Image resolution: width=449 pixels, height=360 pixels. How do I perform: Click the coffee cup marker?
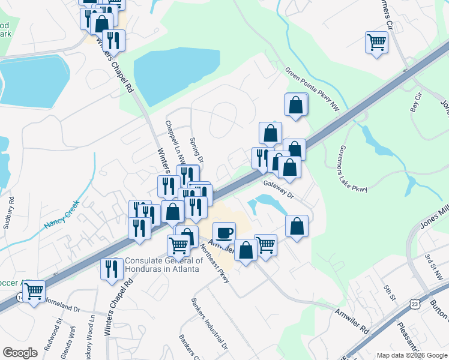[224, 232]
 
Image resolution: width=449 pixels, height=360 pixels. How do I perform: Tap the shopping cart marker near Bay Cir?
[376, 43]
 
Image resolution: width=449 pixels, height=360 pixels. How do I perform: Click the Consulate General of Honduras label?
[162, 265]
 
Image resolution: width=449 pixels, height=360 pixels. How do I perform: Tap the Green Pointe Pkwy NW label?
[313, 90]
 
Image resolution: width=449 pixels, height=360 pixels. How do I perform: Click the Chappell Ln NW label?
[173, 143]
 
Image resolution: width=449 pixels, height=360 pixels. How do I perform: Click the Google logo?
[20, 353]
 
